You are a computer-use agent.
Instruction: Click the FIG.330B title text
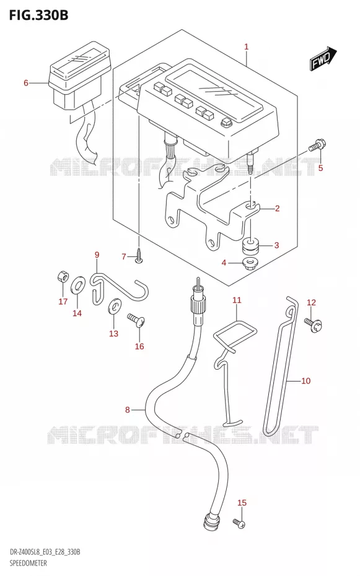click(38, 15)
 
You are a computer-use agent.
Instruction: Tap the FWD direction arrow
click(324, 58)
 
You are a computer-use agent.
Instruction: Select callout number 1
click(247, 46)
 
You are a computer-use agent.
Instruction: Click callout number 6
click(26, 82)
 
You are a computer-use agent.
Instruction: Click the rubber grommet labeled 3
click(250, 246)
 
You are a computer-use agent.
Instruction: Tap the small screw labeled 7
click(139, 256)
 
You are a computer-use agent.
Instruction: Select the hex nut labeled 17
click(63, 277)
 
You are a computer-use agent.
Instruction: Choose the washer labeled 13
click(114, 305)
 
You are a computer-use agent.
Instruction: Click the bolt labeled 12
click(313, 325)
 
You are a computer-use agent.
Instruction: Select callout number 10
click(305, 381)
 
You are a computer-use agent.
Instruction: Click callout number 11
click(237, 300)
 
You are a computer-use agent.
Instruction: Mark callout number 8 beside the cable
click(128, 409)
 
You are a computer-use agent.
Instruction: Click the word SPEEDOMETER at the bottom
click(29, 563)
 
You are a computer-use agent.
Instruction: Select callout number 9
click(97, 255)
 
